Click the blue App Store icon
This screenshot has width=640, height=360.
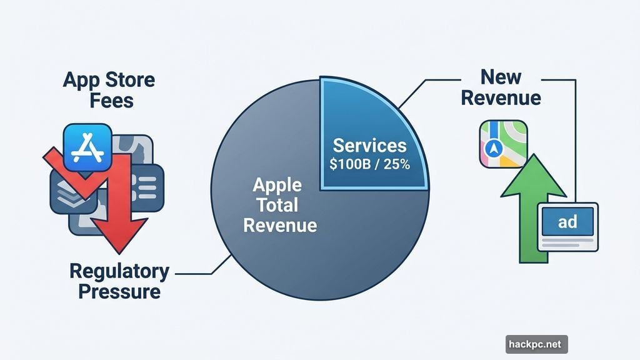click(x=87, y=147)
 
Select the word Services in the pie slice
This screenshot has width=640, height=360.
click(x=369, y=146)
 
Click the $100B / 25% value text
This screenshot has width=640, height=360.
click(x=369, y=167)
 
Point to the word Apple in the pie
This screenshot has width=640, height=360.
click(x=277, y=185)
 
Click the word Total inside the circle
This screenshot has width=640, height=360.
click(x=277, y=205)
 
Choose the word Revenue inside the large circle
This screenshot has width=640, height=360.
click(x=279, y=225)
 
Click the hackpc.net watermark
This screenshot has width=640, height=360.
click(x=536, y=343)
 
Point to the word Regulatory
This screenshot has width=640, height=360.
click(x=119, y=272)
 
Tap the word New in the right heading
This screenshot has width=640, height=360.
click(x=501, y=77)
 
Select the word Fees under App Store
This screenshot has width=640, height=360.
click(x=109, y=100)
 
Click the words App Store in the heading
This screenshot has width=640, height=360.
click(x=109, y=80)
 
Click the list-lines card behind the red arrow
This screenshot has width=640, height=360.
click(x=146, y=186)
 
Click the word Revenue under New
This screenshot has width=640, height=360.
click(x=501, y=97)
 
